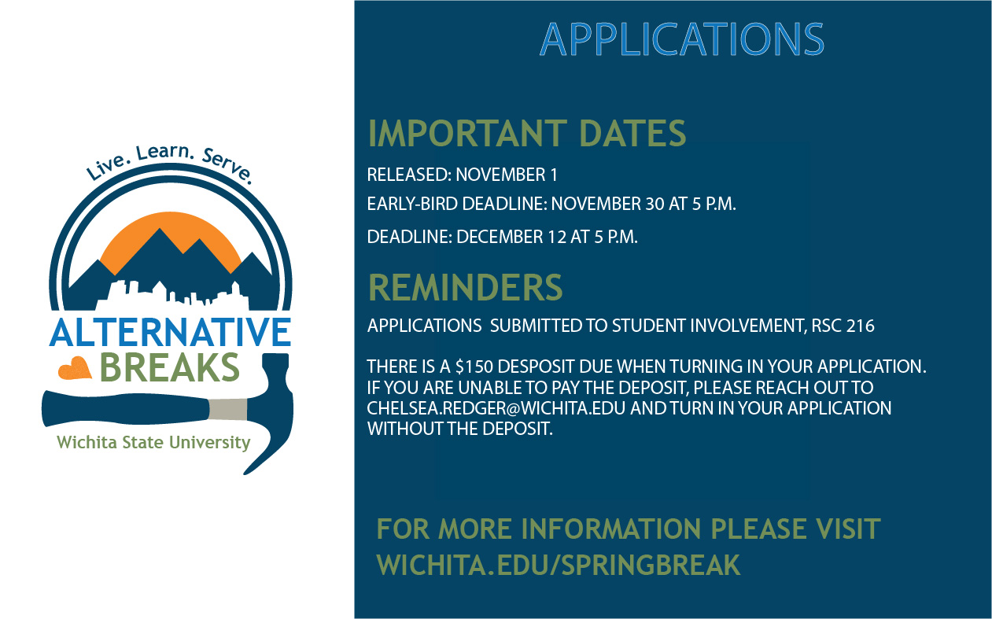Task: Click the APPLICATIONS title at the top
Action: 682,39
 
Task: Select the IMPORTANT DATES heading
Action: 527,133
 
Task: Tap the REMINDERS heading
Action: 466,287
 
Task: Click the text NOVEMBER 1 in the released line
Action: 507,175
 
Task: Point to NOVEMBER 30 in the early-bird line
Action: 607,204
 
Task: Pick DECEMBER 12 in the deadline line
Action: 511,237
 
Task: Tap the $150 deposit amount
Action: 474,367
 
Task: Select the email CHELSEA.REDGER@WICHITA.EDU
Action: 496,408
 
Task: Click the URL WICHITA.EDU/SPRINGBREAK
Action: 558,565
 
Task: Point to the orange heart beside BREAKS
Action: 75,368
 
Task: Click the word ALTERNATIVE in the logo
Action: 170,332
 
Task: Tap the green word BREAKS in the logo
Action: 170,367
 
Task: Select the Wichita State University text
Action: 153,442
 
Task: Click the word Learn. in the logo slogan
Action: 164,152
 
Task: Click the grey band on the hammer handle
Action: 228,409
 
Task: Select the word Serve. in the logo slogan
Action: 227,166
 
